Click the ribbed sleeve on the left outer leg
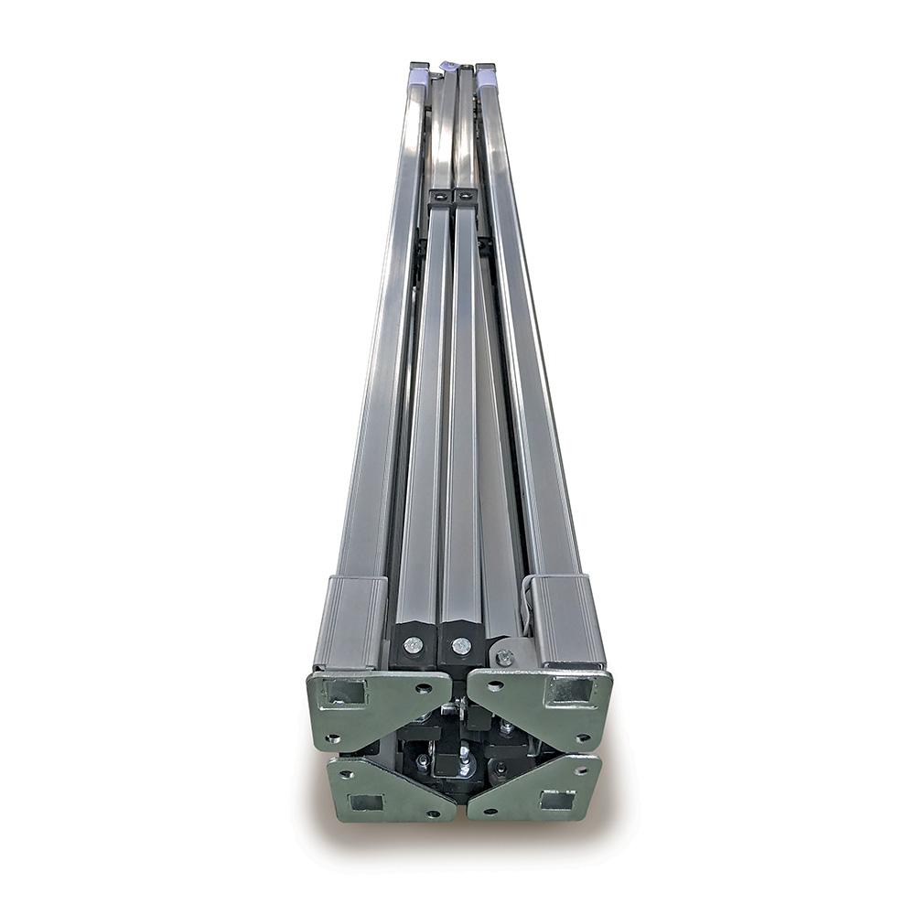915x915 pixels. [351, 622]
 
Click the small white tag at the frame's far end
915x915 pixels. [448, 66]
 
